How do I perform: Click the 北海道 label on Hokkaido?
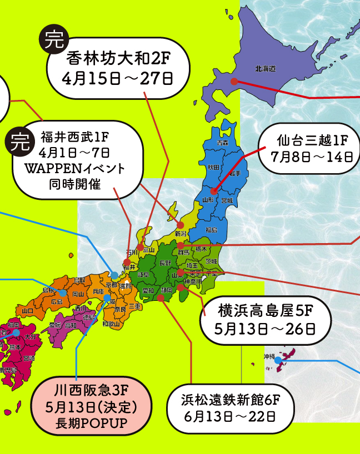tap(266, 68)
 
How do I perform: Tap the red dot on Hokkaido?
tap(234, 81)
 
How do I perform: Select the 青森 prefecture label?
tap(222, 143)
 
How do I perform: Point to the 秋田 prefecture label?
tap(213, 167)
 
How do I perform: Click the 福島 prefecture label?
tap(211, 229)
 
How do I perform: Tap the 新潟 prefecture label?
tap(181, 233)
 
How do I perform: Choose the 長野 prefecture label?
tap(165, 263)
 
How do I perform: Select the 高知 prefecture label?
tap(71, 325)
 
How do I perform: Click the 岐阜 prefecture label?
tap(143, 274)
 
